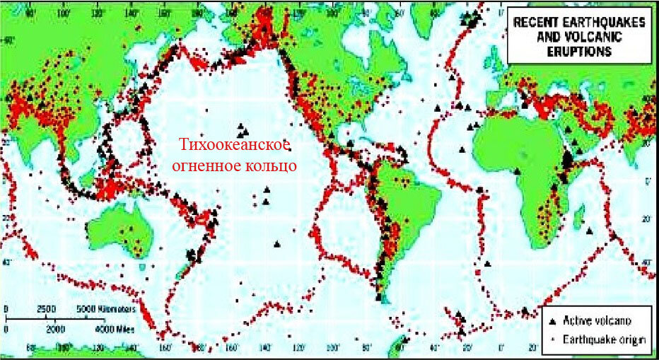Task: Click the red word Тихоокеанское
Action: pyautogui.click(x=234, y=145)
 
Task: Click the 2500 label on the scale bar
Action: pyautogui.click(x=46, y=310)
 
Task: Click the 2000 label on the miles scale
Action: pyautogui.click(x=54, y=330)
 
